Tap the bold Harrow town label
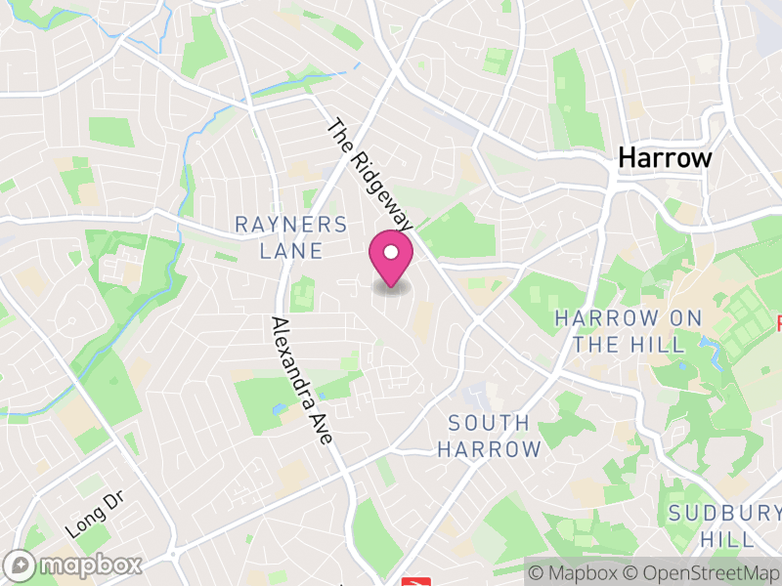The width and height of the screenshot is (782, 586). pos(666,158)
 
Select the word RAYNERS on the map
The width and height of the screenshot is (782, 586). pos(291,225)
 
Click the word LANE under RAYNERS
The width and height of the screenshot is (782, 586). pos(291,251)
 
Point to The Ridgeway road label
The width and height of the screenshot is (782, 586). pos(369,176)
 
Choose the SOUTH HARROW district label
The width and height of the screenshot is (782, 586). pos(489,437)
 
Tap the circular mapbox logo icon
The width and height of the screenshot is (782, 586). pos(22,565)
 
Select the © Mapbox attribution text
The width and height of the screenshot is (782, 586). pos(575,571)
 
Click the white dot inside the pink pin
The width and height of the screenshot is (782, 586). pos(391,253)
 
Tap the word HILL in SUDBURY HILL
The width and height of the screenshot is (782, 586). pos(725,539)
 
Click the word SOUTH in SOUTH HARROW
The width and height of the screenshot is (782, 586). pos(489,424)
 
